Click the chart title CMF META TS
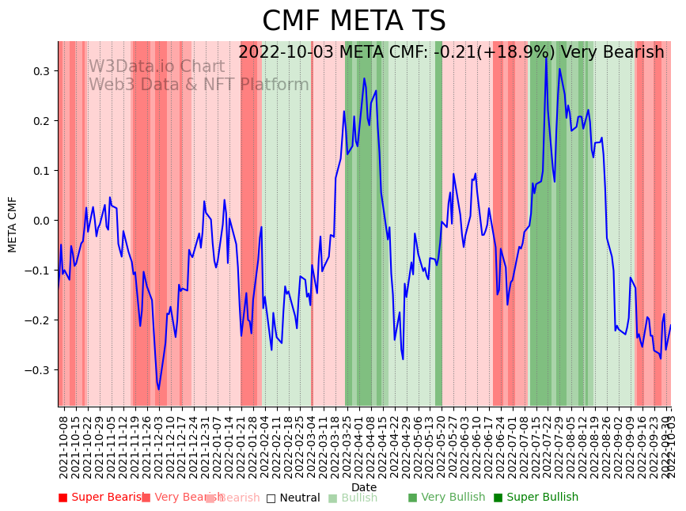[x=354, y=21]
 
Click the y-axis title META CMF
[x=13, y=225]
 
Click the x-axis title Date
[x=364, y=487]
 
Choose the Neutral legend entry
[x=294, y=498]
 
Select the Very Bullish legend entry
[x=446, y=498]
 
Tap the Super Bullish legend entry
[x=536, y=498]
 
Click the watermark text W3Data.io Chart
[x=156, y=67]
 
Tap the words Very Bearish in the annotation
[x=612, y=53]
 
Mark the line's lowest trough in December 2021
[x=159, y=389]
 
